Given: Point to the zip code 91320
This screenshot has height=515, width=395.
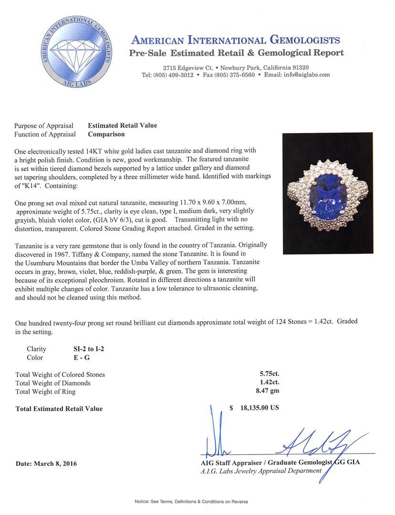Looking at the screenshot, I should [x=299, y=67].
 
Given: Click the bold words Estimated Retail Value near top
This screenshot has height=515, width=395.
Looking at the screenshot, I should [x=123, y=125].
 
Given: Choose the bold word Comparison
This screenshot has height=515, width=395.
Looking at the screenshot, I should [x=106, y=134].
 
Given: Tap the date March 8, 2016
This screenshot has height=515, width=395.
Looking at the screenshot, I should [x=46, y=463].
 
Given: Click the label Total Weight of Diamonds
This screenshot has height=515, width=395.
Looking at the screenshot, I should [x=53, y=383].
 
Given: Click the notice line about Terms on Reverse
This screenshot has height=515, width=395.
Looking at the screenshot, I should [x=197, y=502].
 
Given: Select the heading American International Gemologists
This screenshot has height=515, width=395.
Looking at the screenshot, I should [x=236, y=40].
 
